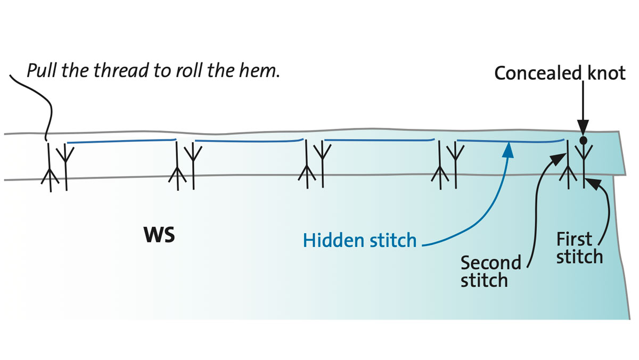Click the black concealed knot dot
(x=584, y=141)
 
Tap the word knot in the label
(x=605, y=73)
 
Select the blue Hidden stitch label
(x=359, y=241)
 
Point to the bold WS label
(x=159, y=235)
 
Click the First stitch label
(x=579, y=248)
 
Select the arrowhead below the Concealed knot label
(x=584, y=130)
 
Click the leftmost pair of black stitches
(x=58, y=166)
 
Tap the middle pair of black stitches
(x=314, y=166)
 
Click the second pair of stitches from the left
(x=184, y=166)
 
